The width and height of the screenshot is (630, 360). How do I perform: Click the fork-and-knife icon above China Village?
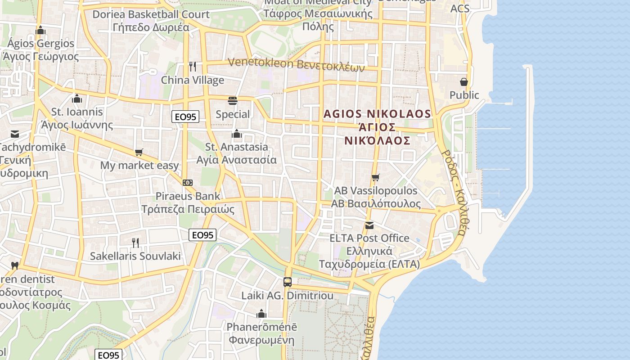pyautogui.click(x=193, y=67)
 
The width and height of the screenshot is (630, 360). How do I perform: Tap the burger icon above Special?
pyautogui.click(x=233, y=100)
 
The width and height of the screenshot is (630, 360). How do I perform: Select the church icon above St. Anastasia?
pyautogui.click(x=236, y=134)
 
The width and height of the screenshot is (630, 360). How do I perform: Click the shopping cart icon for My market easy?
pyautogui.click(x=139, y=152)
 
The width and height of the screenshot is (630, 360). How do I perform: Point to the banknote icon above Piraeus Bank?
pyautogui.click(x=188, y=183)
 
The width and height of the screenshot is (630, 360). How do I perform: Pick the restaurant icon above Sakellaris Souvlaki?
pyautogui.click(x=135, y=243)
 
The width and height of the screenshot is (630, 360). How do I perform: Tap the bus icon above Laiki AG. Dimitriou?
pyautogui.click(x=287, y=282)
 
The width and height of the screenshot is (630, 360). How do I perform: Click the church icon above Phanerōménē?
pyautogui.click(x=261, y=314)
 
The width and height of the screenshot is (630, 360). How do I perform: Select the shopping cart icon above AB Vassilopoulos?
pyautogui.click(x=376, y=177)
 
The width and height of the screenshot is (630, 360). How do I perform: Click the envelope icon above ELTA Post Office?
pyautogui.click(x=369, y=225)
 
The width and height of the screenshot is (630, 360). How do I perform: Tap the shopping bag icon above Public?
pyautogui.click(x=464, y=82)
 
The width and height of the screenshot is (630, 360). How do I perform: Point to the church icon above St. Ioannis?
pyautogui.click(x=77, y=99)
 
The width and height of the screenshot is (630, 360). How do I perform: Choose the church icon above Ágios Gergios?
pyautogui.click(x=40, y=30)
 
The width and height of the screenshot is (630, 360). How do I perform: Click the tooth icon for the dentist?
pyautogui.click(x=14, y=265)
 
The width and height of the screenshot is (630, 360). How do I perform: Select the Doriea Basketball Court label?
pyautogui.click(x=151, y=14)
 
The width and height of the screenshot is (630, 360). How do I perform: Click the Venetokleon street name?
pyautogui.click(x=261, y=63)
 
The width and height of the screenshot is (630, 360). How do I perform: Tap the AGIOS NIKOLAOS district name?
pyautogui.click(x=378, y=114)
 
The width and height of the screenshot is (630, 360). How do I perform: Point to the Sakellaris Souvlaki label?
pyautogui.click(x=135, y=256)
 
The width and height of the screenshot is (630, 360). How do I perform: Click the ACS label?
pyautogui.click(x=460, y=8)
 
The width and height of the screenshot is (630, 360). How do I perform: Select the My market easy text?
pyautogui.click(x=139, y=165)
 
